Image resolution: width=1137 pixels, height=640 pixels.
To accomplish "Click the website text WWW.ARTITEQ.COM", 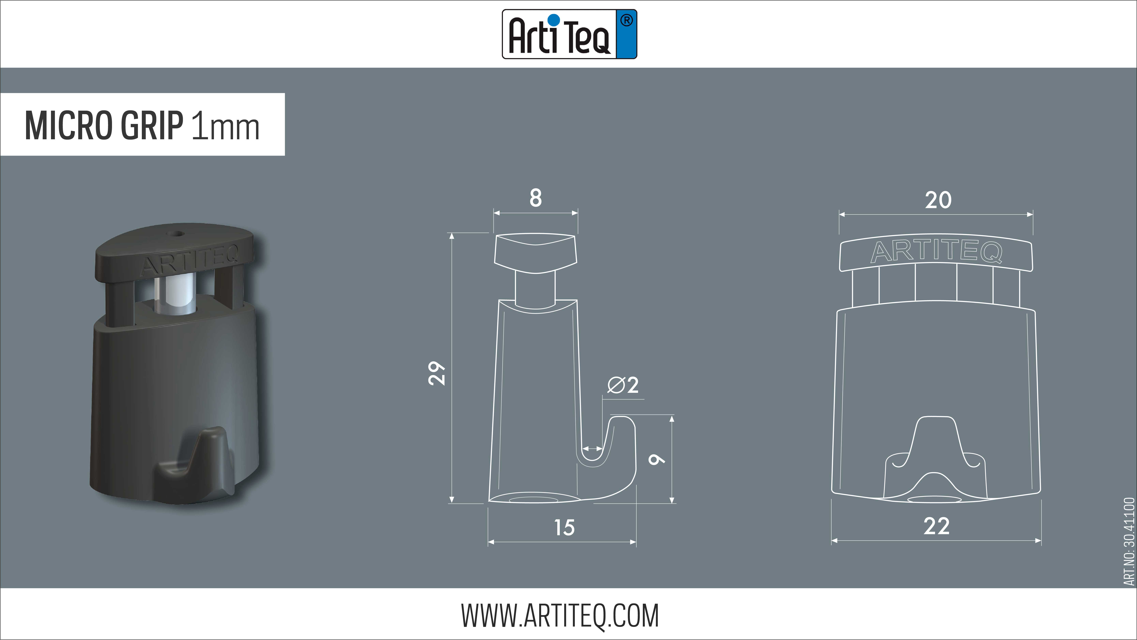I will [x=560, y=616].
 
